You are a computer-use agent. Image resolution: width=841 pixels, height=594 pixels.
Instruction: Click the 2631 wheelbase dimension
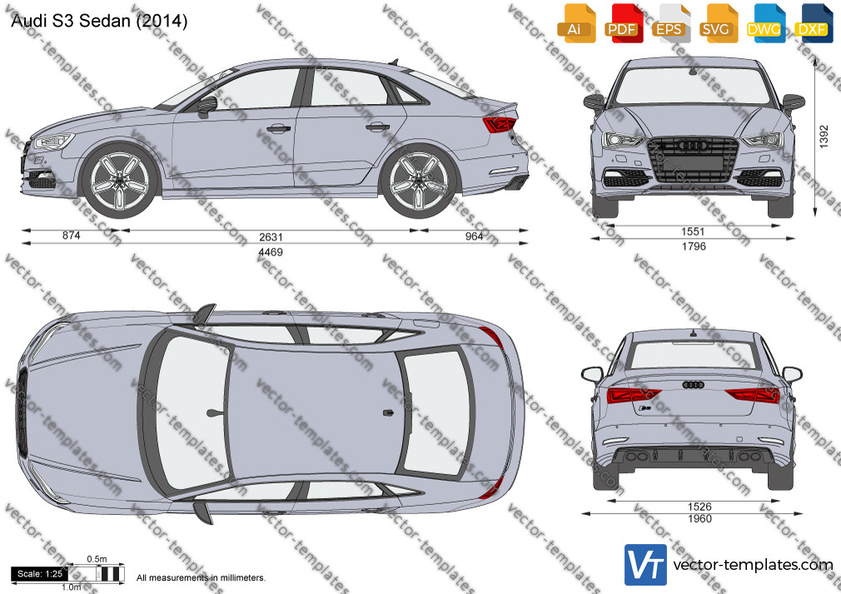tap(271, 237)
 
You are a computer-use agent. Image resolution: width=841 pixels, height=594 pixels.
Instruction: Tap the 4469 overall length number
tap(271, 252)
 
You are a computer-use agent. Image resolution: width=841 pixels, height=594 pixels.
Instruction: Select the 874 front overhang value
tap(72, 235)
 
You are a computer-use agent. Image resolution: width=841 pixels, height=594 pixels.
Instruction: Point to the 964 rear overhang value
tap(474, 236)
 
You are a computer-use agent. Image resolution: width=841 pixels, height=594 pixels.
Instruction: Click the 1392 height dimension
tap(824, 136)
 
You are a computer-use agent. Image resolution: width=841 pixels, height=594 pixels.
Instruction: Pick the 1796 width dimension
tap(694, 246)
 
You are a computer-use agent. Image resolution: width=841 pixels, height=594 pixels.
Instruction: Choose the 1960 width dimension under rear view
tap(700, 518)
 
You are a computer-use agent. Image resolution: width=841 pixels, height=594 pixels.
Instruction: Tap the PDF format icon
tap(623, 23)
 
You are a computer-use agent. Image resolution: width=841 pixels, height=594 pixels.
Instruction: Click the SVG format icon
tap(718, 23)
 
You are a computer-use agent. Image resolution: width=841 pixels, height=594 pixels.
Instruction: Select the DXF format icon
tap(814, 23)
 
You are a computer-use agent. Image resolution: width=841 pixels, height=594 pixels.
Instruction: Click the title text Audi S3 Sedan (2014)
tap(99, 21)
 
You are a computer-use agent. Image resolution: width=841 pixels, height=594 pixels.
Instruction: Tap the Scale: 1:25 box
tap(40, 574)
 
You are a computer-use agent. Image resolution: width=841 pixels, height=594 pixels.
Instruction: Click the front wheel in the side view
tap(121, 180)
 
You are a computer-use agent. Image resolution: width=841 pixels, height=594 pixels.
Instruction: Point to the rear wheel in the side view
tap(419, 180)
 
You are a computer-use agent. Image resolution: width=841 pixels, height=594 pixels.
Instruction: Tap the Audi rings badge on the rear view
tap(694, 385)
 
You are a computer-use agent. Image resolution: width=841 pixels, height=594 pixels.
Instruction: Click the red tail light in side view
tap(500, 125)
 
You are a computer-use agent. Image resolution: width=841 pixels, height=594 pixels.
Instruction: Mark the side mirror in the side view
tap(207, 106)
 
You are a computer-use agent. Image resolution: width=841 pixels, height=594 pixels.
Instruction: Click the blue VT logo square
tap(646, 565)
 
